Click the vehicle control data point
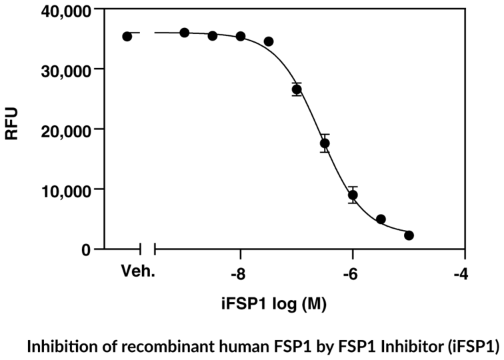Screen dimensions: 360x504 (127, 36)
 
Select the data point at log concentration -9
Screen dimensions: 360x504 (185, 33)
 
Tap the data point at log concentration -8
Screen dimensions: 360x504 (241, 36)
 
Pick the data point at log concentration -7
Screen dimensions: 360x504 (297, 89)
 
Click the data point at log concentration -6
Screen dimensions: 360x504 (353, 195)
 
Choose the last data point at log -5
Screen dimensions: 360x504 (409, 235)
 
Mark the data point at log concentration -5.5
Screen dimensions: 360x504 (381, 219)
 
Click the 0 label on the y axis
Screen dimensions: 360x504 (86, 249)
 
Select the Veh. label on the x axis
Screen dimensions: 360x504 (135, 273)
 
